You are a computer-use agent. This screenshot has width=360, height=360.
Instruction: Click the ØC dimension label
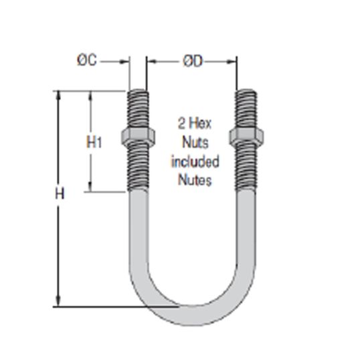pos(87,61)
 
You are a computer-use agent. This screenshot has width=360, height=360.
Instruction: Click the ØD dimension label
pos(192,62)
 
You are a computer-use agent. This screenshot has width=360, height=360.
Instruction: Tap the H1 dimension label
pos(94,142)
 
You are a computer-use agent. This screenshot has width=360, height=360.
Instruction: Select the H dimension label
pos(59,195)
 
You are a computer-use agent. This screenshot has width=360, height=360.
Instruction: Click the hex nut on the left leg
pos(139,137)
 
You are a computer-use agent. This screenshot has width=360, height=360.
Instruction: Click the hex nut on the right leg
pos(246,137)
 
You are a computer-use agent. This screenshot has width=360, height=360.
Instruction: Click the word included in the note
pos(195,161)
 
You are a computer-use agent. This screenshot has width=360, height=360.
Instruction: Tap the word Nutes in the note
pos(194,180)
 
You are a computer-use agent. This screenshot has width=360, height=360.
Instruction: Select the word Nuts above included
pos(195,143)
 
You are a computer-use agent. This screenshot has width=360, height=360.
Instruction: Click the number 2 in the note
pos(181,123)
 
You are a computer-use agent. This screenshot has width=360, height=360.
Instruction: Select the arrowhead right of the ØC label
pos(124,62)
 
